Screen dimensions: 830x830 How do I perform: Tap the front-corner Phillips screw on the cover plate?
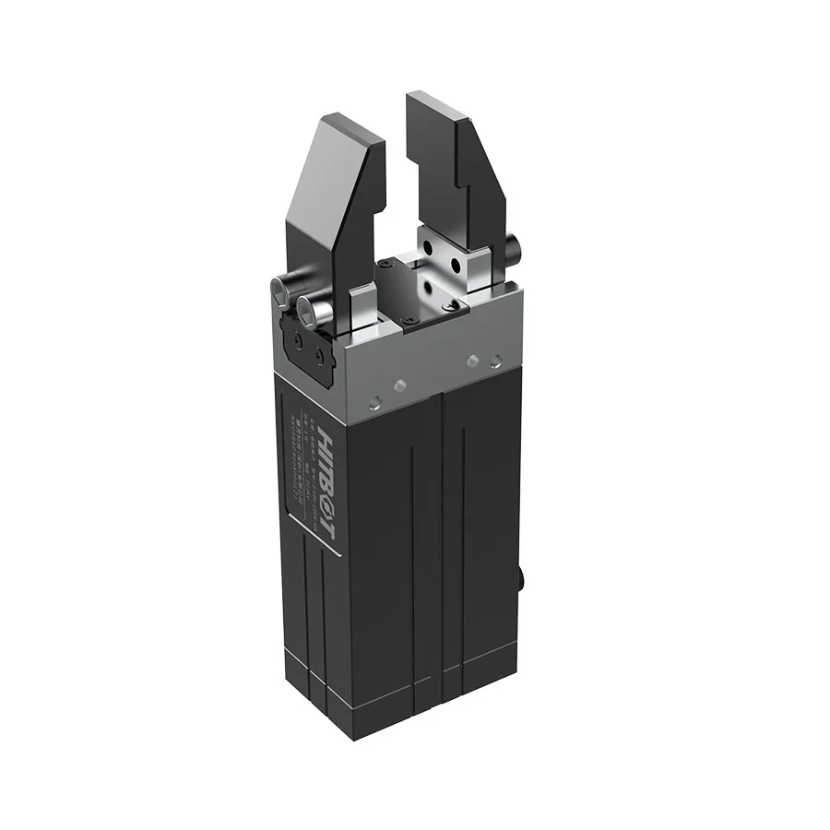(406, 320)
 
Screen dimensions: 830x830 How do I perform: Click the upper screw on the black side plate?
(297, 338)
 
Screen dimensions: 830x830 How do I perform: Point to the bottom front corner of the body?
(351, 734)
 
